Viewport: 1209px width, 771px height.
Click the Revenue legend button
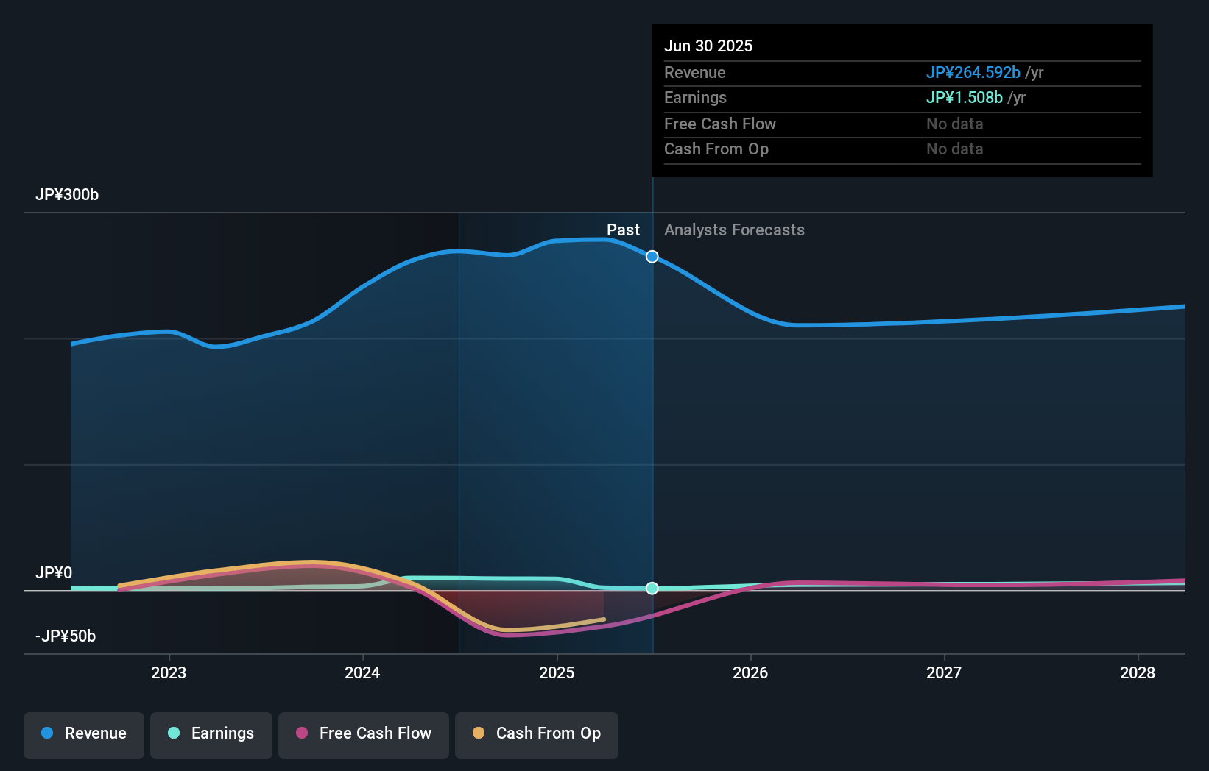pyautogui.click(x=84, y=733)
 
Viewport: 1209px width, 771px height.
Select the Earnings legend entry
pyautogui.click(x=211, y=733)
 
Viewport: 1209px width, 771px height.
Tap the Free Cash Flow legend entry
pyautogui.click(x=364, y=733)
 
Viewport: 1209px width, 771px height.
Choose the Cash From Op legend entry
pyautogui.click(x=537, y=733)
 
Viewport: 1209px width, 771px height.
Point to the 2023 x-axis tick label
pyautogui.click(x=169, y=672)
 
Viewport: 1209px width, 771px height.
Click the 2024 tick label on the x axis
pyautogui.click(x=362, y=672)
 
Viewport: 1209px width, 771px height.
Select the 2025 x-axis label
pyautogui.click(x=557, y=672)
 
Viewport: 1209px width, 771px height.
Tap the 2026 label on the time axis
pyautogui.click(x=750, y=672)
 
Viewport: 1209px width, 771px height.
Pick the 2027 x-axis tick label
pyautogui.click(x=944, y=672)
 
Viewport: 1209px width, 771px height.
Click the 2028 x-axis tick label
pyautogui.click(x=1138, y=672)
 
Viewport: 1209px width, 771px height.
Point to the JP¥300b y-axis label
pyautogui.click(x=67, y=195)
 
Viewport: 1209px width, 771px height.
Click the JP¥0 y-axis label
pyautogui.click(x=54, y=573)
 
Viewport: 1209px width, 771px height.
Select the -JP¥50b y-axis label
pyautogui.click(x=66, y=636)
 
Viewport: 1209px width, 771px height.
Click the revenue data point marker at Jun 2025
pyautogui.click(x=652, y=257)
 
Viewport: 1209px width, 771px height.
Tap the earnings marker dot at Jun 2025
pyautogui.click(x=652, y=588)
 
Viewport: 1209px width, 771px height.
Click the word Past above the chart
pyautogui.click(x=623, y=230)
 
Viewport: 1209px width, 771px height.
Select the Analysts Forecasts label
pyautogui.click(x=734, y=230)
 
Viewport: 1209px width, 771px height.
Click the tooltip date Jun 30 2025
pyautogui.click(x=708, y=46)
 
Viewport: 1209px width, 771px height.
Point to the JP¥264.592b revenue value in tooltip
pyautogui.click(x=973, y=73)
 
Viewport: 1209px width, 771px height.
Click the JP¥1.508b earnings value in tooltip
pyautogui.click(x=964, y=98)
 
